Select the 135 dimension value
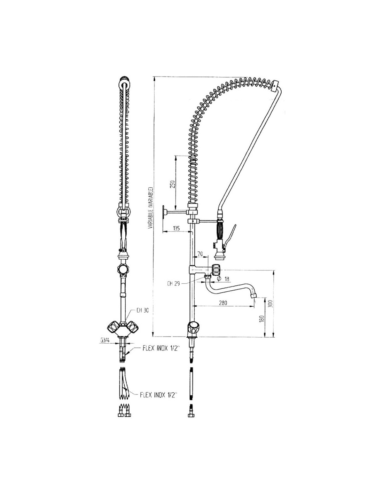point(176,228)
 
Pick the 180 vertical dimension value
point(261,318)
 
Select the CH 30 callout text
point(142,310)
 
